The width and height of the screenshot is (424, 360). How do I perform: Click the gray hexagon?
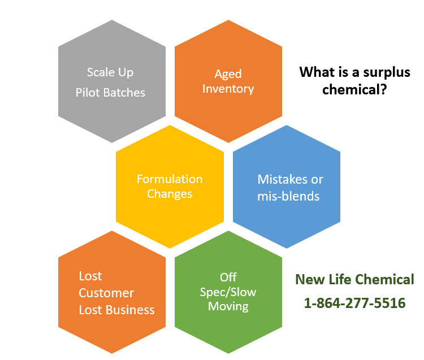tap(112, 81)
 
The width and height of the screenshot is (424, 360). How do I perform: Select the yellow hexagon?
tap(170, 186)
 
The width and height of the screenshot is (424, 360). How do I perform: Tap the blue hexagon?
tap(287, 186)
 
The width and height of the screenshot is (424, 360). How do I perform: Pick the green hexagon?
tap(228, 292)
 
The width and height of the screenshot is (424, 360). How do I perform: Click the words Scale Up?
tap(110, 72)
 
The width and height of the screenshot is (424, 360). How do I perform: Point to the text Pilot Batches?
tap(110, 93)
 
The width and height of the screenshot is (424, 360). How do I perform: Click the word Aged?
tap(228, 74)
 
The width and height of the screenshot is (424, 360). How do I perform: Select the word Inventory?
tap(228, 89)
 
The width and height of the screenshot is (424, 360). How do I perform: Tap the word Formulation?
tap(170, 179)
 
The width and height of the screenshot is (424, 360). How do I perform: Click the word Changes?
tap(170, 194)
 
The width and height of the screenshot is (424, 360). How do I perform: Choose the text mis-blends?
tap(288, 196)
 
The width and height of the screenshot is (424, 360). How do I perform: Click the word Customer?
tap(106, 293)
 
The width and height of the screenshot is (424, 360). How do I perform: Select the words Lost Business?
tap(116, 310)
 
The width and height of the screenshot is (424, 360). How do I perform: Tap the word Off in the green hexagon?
tap(228, 277)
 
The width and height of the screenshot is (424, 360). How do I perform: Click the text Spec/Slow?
tap(228, 292)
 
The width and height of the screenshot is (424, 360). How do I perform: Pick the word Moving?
tap(228, 306)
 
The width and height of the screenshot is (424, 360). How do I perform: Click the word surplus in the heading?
tap(387, 72)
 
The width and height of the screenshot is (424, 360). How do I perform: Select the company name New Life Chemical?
tap(354, 279)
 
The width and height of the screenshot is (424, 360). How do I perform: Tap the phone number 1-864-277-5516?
tap(354, 303)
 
